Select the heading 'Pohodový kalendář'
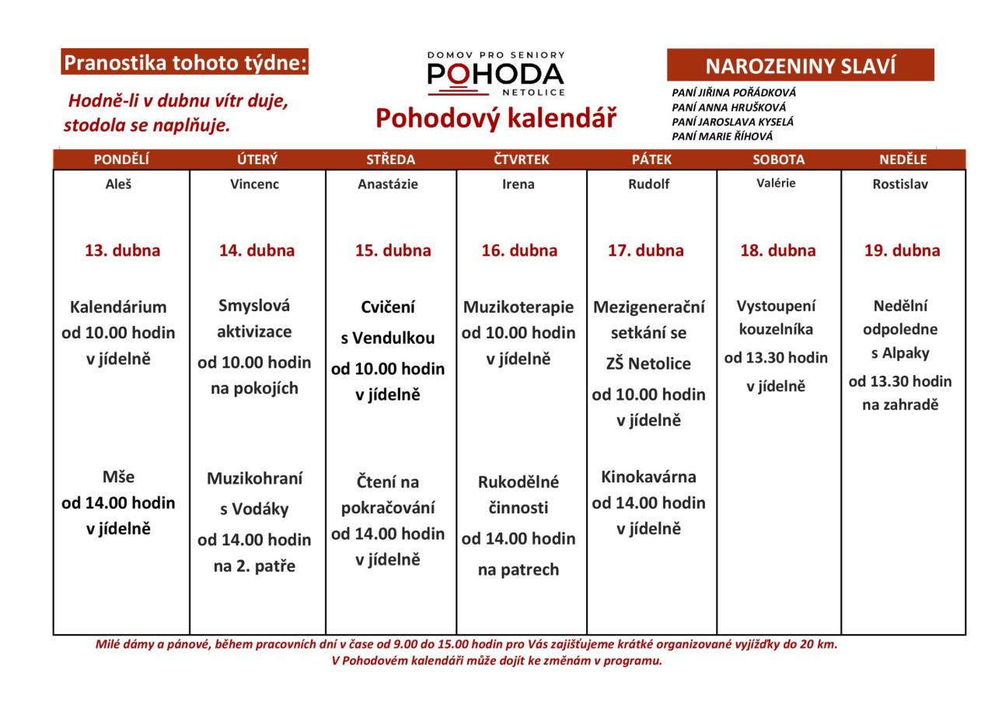tap(496, 119)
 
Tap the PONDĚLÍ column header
tap(121, 159)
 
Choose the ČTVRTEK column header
tap(521, 159)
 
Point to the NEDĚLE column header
tap(903, 159)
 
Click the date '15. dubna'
tap(393, 250)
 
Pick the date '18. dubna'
tap(778, 250)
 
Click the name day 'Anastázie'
tap(388, 184)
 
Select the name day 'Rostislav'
tap(900, 184)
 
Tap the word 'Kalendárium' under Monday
tap(118, 306)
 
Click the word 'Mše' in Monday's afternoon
tap(118, 477)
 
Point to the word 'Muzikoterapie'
tap(518, 306)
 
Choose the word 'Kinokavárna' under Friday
tap(648, 476)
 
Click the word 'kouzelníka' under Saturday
tap(776, 329)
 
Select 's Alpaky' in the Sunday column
tap(900, 354)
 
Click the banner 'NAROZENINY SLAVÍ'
tap(800, 66)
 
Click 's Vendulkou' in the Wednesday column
tap(388, 338)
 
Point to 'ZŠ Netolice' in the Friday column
tap(648, 363)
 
